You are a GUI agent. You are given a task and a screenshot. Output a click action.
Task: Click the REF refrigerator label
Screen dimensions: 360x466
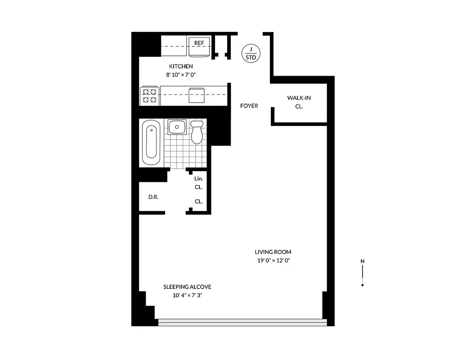[199, 43]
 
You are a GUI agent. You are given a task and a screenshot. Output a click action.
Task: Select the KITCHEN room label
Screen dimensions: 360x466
[181, 67]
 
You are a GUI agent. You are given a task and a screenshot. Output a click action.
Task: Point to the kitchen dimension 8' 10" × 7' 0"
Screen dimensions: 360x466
[181, 75]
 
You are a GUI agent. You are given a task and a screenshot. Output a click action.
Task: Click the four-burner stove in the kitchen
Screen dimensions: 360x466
[149, 95]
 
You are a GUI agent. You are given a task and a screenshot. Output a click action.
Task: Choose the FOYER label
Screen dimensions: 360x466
[249, 106]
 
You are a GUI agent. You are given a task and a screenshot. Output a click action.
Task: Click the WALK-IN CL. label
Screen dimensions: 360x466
[299, 102]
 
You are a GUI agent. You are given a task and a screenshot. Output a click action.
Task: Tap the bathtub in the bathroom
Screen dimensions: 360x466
[151, 143]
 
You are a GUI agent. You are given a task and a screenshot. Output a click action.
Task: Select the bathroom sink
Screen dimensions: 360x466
[177, 127]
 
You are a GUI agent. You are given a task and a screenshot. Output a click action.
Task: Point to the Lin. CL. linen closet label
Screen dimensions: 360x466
[198, 183]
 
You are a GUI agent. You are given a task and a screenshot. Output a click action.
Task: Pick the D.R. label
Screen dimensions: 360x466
[153, 197]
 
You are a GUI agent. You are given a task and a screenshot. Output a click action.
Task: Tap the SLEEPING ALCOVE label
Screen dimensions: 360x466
[187, 287]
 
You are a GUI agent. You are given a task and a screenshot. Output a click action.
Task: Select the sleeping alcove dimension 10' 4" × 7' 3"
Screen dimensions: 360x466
[187, 296]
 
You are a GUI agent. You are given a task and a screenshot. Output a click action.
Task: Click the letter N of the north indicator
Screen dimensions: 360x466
[363, 261]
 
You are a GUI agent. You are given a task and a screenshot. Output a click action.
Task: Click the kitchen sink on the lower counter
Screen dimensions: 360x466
[197, 95]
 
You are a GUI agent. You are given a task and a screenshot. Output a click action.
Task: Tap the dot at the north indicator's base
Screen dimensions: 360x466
[363, 285]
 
